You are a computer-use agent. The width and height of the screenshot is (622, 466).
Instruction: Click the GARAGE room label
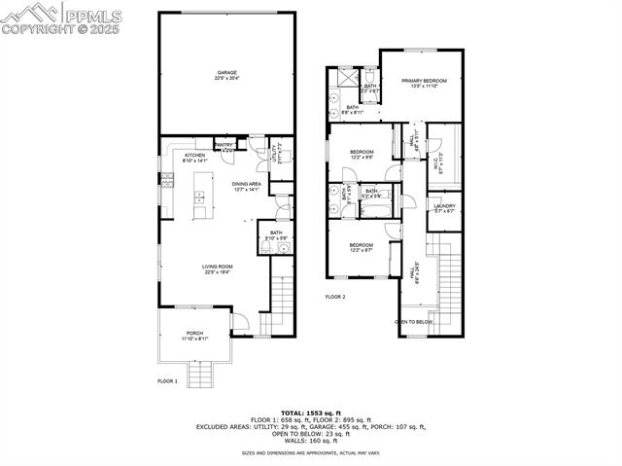[226, 74]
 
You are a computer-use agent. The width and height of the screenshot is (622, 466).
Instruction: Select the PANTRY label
[224, 148]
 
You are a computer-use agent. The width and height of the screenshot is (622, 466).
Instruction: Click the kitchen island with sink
[199, 195]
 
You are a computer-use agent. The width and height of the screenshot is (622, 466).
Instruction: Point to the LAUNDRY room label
[445, 207]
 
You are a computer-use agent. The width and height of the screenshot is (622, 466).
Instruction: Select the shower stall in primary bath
[347, 77]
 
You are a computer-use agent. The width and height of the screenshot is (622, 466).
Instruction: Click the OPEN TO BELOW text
[413, 321]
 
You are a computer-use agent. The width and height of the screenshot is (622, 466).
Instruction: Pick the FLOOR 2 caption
[334, 297]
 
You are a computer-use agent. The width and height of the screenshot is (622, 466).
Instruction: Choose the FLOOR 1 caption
[167, 381]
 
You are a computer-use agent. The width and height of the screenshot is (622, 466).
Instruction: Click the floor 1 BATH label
[275, 234]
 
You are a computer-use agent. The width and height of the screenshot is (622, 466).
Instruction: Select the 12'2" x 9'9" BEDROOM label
[361, 155]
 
